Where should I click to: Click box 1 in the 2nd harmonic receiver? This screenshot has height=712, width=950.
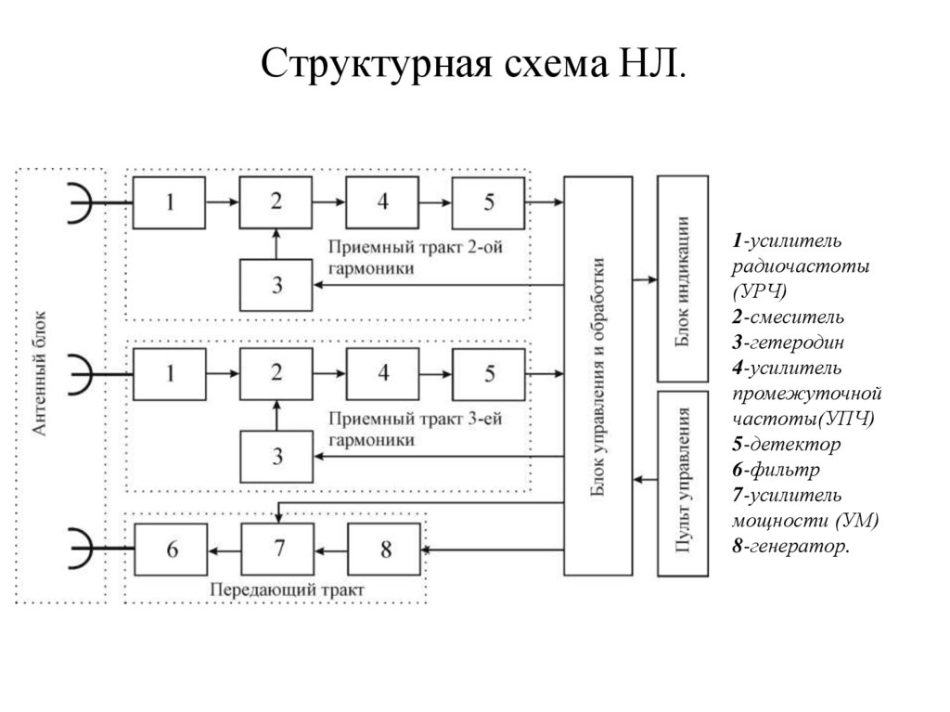pyautogui.click(x=170, y=202)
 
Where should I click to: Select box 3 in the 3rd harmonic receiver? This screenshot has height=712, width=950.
pyautogui.click(x=276, y=456)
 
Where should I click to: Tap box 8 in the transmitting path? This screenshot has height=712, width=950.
pyautogui.click(x=385, y=550)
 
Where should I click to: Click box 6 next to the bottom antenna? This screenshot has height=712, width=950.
pyautogui.click(x=172, y=550)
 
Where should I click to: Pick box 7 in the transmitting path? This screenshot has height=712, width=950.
pyautogui.click(x=278, y=550)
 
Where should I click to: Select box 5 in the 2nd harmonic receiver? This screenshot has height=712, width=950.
pyautogui.click(x=489, y=202)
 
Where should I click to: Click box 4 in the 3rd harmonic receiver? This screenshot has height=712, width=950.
pyautogui.click(x=383, y=373)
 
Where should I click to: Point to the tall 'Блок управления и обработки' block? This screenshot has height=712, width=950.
pyautogui.click(x=598, y=376)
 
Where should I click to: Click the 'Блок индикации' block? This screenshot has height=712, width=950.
pyautogui.click(x=683, y=278)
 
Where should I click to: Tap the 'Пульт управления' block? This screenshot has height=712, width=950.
pyautogui.click(x=683, y=483)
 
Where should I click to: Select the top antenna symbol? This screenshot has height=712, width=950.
pyautogui.click(x=83, y=202)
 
